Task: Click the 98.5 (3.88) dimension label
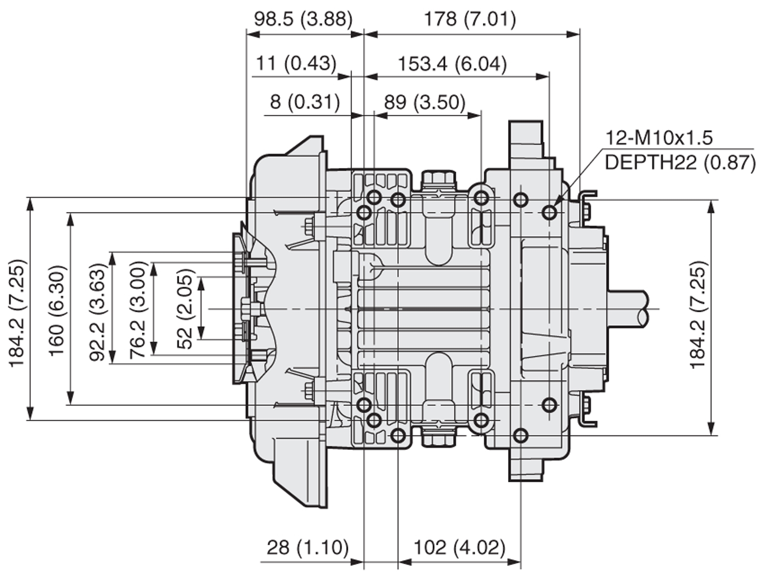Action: [304, 19]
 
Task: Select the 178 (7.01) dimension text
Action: [470, 19]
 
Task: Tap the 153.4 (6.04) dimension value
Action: [452, 63]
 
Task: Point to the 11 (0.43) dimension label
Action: [296, 63]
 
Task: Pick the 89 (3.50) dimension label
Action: [425, 102]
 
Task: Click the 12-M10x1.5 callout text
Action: [659, 138]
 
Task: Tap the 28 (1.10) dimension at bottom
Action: [308, 548]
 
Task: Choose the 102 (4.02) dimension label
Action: [459, 548]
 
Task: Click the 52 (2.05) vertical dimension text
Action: [185, 308]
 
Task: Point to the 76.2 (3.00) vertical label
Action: [138, 308]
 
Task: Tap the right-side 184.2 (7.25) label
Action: [698, 315]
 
